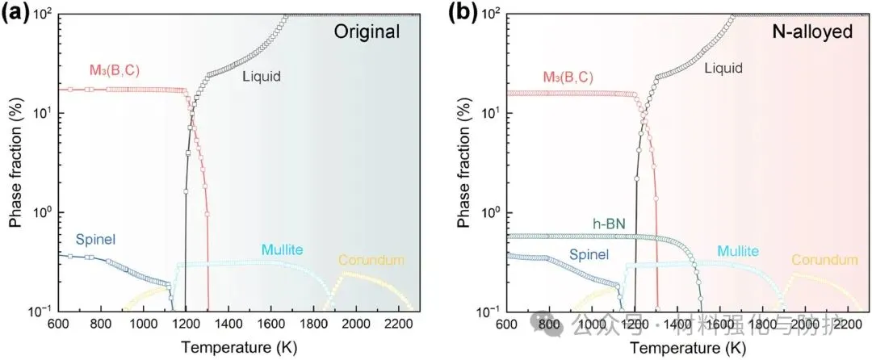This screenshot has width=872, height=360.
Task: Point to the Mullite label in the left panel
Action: [282, 250]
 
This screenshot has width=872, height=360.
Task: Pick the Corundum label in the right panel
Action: [824, 260]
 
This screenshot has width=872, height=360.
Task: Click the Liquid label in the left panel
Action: [263, 77]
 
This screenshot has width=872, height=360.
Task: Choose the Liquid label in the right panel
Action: [723, 69]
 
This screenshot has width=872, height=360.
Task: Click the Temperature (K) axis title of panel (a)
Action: [238, 348]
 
